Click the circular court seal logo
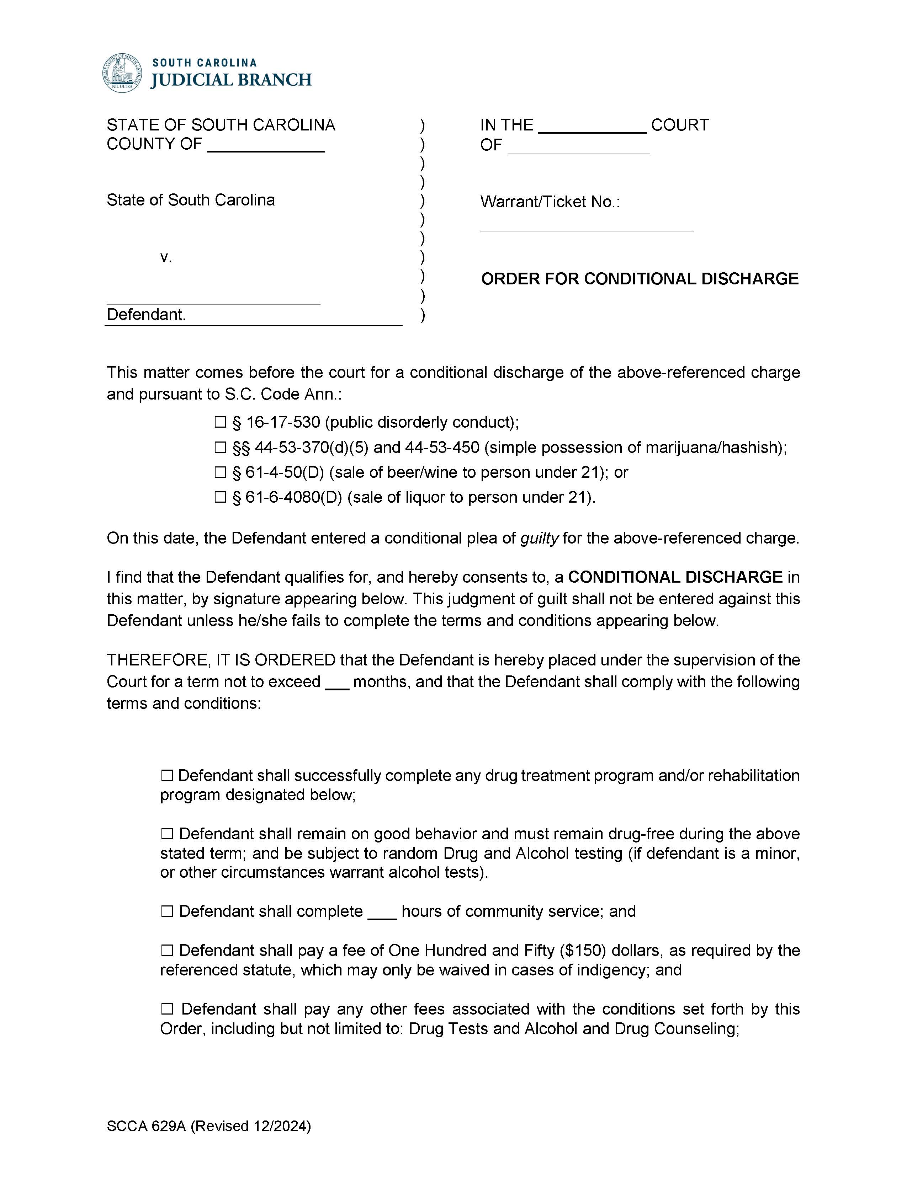point(123,73)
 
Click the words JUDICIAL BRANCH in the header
point(231,80)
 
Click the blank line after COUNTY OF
point(265,145)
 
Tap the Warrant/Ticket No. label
point(550,202)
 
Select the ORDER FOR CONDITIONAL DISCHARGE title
point(640,279)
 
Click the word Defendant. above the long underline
point(146,315)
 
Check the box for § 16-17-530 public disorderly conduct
point(220,423)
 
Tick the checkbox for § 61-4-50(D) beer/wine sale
point(220,473)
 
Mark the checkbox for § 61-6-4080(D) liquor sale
point(220,497)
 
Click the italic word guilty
point(539,539)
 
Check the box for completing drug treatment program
point(166,776)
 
